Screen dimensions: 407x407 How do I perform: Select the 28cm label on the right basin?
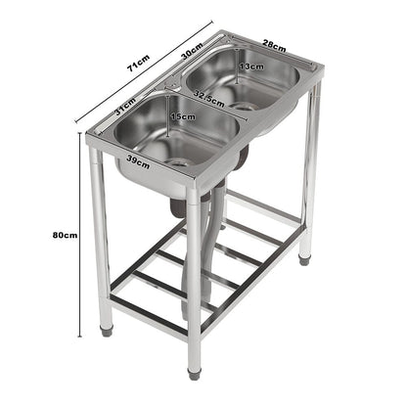[274, 45]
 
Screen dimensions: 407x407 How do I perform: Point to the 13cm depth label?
[249, 67]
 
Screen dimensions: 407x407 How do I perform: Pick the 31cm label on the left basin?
[125, 110]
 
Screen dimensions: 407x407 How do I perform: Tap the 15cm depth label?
[182, 117]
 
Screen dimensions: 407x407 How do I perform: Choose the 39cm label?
[137, 160]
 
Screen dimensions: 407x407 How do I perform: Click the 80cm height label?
[38, 235]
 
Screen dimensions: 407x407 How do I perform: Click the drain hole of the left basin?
[180, 158]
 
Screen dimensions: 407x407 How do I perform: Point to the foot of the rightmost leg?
[305, 259]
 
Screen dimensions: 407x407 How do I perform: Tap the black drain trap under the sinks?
[178, 206]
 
